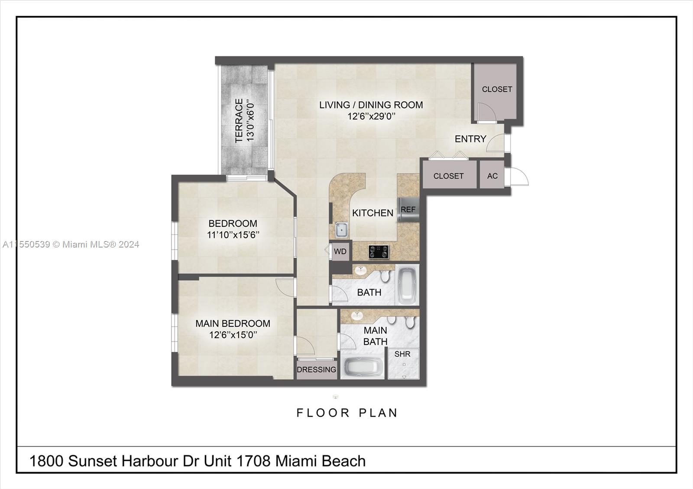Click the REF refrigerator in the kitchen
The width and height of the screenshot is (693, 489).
pos(408,209)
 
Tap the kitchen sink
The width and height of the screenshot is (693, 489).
pos(341,230)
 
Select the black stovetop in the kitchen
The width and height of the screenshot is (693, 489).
pos(379,251)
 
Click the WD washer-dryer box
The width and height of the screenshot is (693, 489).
pos(340,251)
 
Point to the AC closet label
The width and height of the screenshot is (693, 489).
pos(492,176)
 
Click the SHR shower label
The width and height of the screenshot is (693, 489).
pos(402,354)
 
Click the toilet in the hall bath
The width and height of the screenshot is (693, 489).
pos(385,276)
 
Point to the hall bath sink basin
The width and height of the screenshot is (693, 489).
pos(360,271)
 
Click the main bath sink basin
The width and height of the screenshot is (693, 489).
pos(357,315)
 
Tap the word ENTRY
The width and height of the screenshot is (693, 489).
pos(470,139)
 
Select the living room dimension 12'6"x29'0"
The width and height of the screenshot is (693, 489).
pos(371,116)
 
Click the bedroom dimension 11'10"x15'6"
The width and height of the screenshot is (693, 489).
pos(233,235)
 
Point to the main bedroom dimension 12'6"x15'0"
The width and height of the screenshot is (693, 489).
pos(233,335)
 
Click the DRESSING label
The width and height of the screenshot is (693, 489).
pos(316,370)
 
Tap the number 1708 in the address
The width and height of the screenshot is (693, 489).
pos(253,461)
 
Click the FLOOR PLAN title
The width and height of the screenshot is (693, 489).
pos(347,413)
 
